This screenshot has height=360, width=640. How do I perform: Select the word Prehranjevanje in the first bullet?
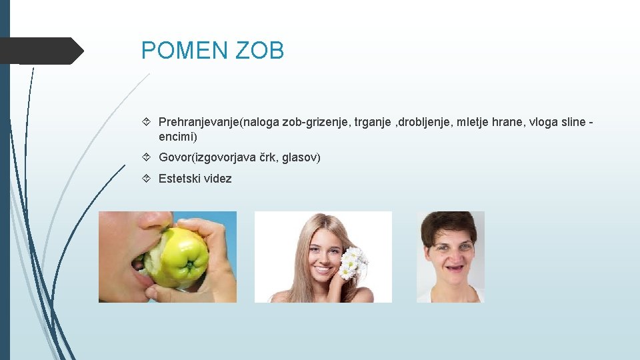[x=199, y=122]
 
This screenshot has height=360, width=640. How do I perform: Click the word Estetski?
[x=178, y=179]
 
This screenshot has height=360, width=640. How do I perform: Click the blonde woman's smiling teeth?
[x=323, y=271]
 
